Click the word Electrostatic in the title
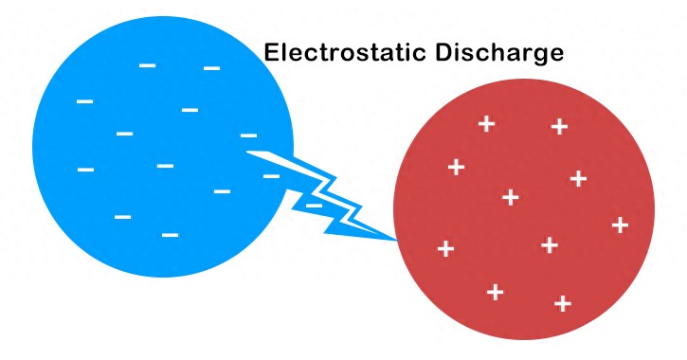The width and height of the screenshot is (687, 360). pyautogui.click(x=347, y=53)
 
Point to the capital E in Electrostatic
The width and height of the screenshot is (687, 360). pyautogui.click(x=271, y=53)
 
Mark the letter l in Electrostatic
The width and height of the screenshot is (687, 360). pyautogui.click(x=283, y=53)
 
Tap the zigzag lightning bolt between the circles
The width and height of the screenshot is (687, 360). pyautogui.click(x=322, y=194)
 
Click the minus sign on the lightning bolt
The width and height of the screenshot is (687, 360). pyautogui.click(x=314, y=205)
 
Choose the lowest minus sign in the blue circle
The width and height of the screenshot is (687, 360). pyautogui.click(x=171, y=234)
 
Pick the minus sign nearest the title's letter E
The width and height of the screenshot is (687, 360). pyautogui.click(x=211, y=68)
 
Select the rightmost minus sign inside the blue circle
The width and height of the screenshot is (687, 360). pyautogui.click(x=271, y=176)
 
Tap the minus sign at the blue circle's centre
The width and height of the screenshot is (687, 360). pyautogui.click(x=165, y=166)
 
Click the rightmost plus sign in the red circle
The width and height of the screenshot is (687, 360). pyautogui.click(x=621, y=225)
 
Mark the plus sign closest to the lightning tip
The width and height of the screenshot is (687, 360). pyautogui.click(x=445, y=248)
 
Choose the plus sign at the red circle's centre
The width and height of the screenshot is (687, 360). pyautogui.click(x=511, y=197)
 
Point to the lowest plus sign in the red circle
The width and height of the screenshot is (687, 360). pyautogui.click(x=562, y=303)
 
